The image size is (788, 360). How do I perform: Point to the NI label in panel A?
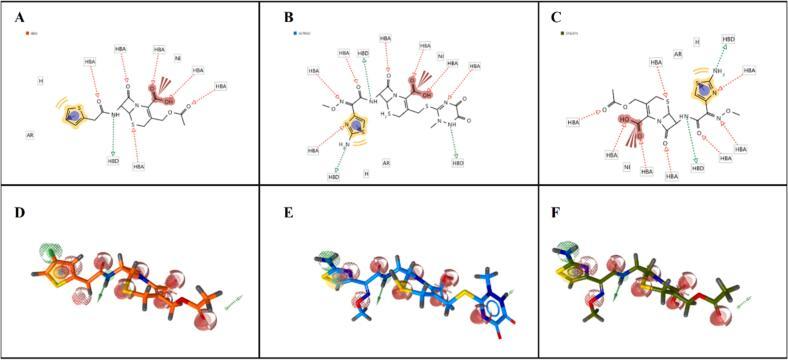[x=178, y=58]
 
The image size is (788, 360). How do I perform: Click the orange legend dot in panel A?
[x=27, y=34]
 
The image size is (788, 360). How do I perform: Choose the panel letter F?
[x=550, y=211]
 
